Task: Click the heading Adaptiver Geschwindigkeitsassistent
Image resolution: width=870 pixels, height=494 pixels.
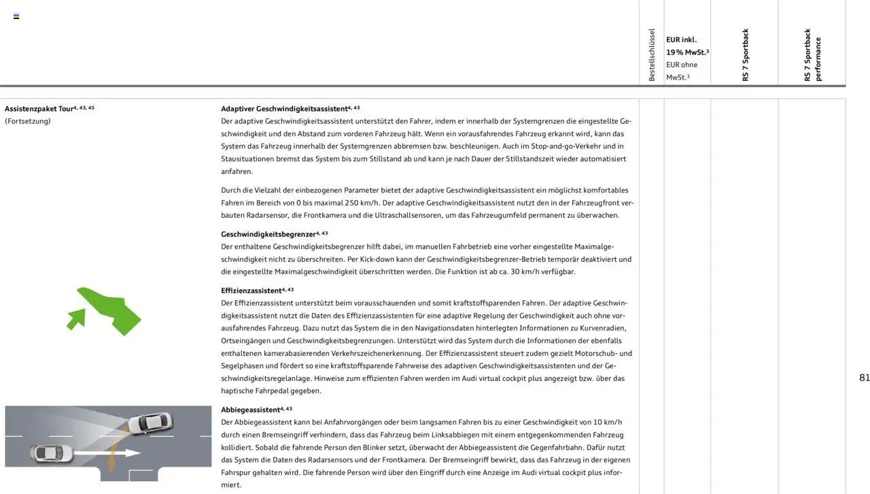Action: (x=284, y=109)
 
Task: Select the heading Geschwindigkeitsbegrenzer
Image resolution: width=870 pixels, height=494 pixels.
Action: (x=268, y=234)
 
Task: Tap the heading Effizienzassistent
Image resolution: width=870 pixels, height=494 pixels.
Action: (x=251, y=291)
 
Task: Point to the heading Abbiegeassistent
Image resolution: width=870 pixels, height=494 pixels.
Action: (x=250, y=410)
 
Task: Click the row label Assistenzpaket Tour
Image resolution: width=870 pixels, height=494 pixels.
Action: (x=39, y=109)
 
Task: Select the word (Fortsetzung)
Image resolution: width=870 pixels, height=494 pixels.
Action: (x=28, y=121)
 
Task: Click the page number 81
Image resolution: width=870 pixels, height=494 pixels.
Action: (x=864, y=378)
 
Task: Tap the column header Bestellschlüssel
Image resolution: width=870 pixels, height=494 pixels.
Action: (x=651, y=54)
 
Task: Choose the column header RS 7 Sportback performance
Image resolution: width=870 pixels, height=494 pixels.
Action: (x=812, y=54)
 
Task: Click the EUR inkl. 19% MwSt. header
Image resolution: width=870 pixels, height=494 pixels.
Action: (x=686, y=46)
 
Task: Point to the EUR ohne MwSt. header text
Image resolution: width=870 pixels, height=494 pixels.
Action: (x=682, y=71)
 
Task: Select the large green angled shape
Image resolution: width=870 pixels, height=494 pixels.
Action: (x=113, y=310)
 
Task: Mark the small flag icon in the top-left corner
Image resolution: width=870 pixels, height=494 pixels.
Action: (x=16, y=16)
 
